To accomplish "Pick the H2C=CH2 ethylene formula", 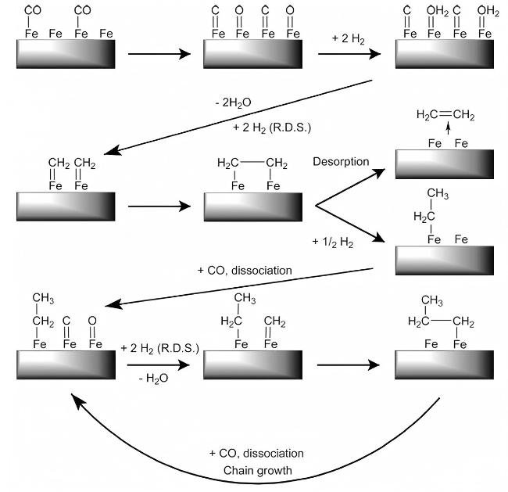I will point(445,116).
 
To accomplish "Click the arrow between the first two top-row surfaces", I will point(159,54).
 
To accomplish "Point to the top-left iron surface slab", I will point(66,55).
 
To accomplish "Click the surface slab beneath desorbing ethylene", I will point(445,165).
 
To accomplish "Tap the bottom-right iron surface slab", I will point(445,365).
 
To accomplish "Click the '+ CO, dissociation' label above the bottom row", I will point(244,271).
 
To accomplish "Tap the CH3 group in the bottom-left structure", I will point(43,298).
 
